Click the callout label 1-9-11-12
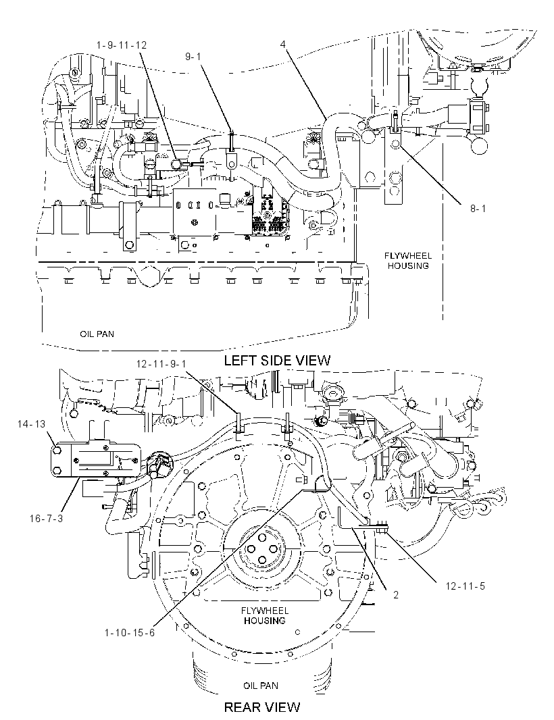[122, 45]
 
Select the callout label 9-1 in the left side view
[193, 56]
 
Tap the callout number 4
[283, 44]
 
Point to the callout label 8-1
[477, 209]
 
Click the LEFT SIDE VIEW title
[277, 360]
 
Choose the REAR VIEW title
[262, 706]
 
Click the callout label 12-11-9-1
[161, 363]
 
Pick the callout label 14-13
[32, 423]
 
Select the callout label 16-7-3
[46, 519]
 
